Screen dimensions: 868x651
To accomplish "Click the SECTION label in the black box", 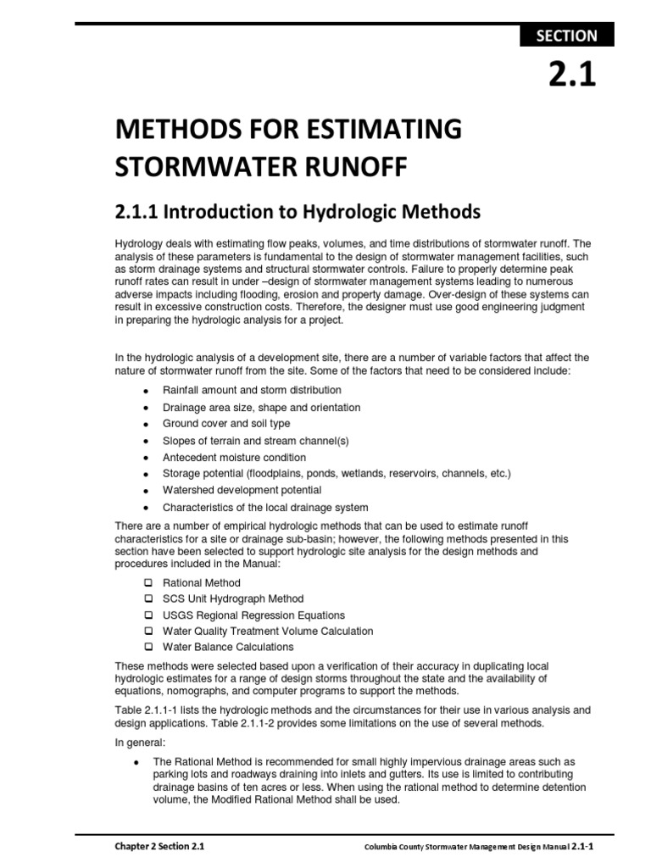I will [565, 36].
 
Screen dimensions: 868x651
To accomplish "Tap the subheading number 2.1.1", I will [140, 210].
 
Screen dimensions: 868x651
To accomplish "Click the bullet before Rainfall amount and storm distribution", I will [146, 391].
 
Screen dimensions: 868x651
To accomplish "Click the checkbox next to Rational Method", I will [147, 583].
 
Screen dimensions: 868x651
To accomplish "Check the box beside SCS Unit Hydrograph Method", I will [147, 599].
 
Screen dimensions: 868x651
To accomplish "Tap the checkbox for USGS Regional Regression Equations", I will [147, 615].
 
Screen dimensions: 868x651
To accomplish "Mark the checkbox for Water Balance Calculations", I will [147, 648].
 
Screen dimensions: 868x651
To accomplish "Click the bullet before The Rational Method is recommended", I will [136, 762].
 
